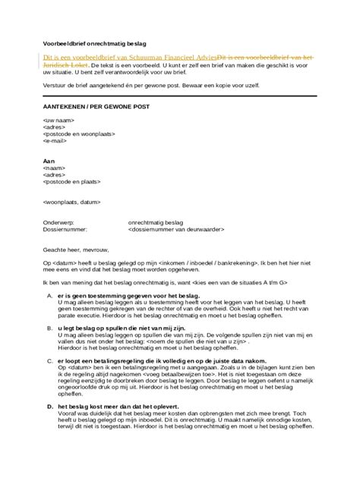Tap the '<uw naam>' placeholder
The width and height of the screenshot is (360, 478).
pos(58,121)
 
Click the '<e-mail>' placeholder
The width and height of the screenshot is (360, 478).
pos(56,141)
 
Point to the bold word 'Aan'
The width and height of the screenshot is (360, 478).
pos(49,162)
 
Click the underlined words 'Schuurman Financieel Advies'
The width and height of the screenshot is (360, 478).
pos(171,58)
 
